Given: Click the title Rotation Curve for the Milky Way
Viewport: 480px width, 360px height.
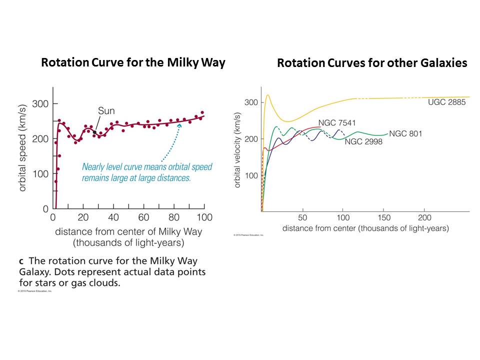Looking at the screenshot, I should point(133,63).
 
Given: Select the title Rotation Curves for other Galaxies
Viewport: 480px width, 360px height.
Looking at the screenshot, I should point(372,63).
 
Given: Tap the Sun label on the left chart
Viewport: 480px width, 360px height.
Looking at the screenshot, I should point(106,111).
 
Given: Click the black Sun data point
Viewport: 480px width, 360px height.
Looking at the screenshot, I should point(94,132).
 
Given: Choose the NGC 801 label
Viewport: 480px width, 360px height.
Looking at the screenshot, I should point(405,133).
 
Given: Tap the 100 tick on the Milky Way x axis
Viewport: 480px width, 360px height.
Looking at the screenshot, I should point(204,217).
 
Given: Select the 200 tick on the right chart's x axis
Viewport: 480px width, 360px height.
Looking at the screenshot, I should point(424,218).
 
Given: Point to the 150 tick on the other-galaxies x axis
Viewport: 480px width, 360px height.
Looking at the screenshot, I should point(383,218).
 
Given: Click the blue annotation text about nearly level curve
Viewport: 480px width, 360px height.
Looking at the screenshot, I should point(147,172).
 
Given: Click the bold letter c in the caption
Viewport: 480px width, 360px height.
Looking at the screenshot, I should point(20,261).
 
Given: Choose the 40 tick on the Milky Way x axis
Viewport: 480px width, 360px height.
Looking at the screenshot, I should point(114,217).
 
